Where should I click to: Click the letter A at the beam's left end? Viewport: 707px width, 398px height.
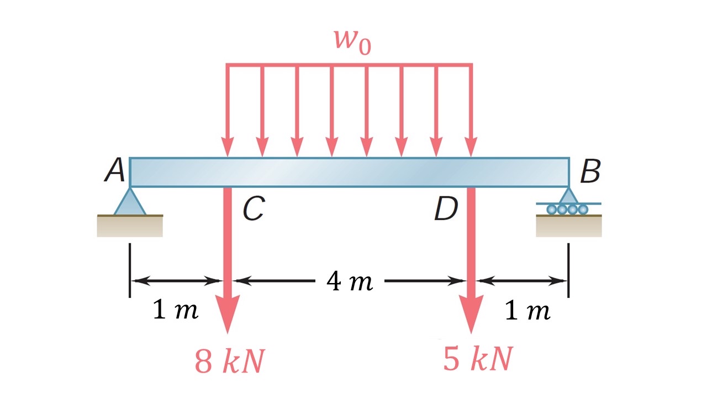tap(114, 171)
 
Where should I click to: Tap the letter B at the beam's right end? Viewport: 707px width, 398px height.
tap(589, 172)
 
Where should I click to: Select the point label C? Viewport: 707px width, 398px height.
tap(253, 210)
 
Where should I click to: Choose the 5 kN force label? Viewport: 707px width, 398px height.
tap(478, 359)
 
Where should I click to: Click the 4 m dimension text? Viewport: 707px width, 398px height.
tap(350, 282)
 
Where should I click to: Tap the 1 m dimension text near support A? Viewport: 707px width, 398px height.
tap(175, 311)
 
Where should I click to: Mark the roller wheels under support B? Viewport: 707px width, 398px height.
tap(567, 209)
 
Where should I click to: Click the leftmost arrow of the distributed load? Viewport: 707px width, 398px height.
tap(227, 111)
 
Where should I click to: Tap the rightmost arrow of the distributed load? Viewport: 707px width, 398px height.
tap(471, 111)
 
